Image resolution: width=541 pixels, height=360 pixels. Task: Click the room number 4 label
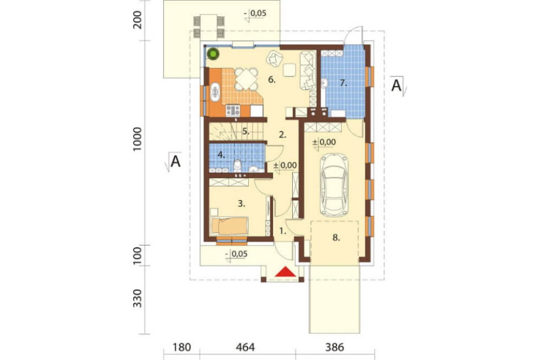coord(221,154)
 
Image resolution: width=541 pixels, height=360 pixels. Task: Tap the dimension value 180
coord(182,346)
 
